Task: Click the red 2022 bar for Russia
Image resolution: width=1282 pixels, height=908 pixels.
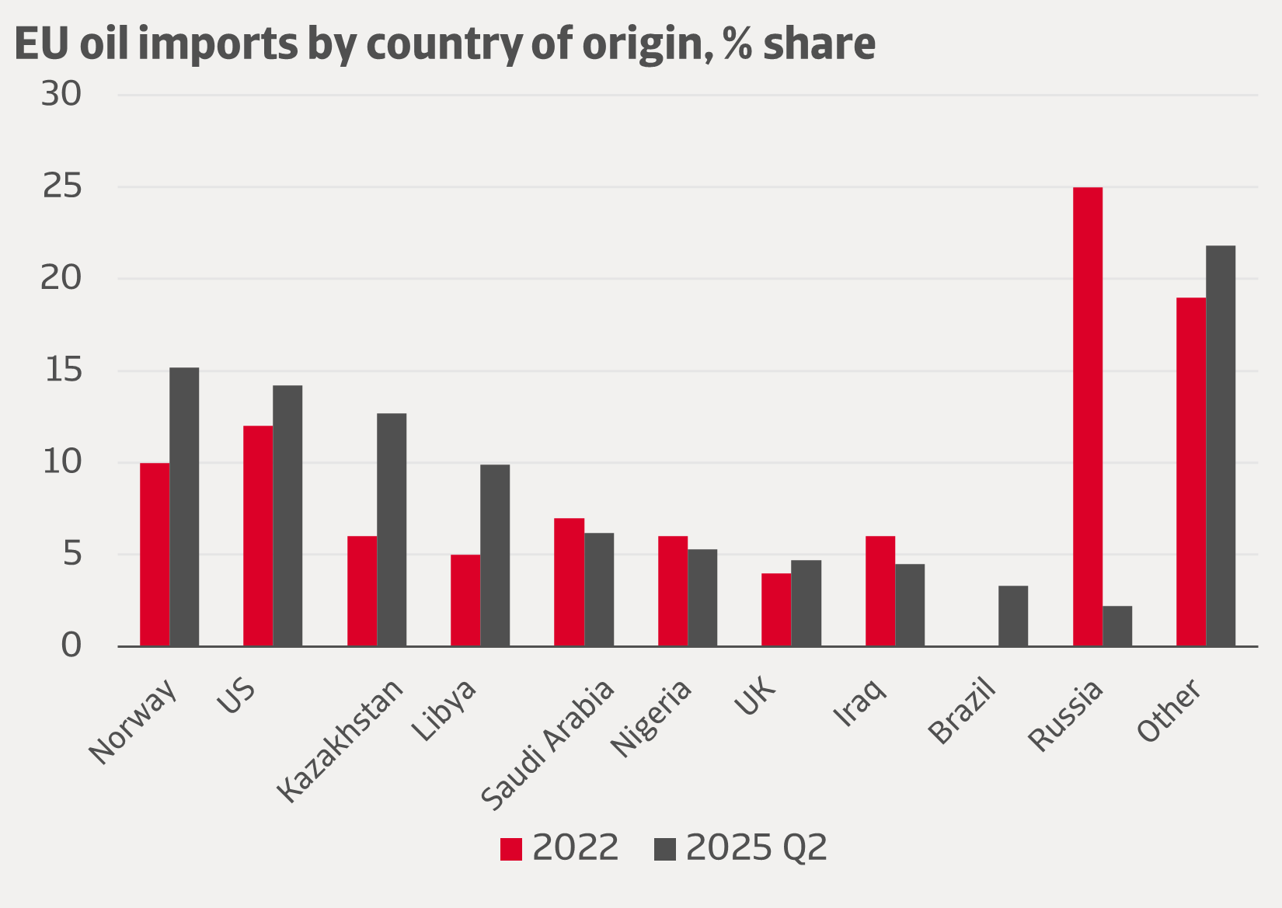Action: [1087, 416]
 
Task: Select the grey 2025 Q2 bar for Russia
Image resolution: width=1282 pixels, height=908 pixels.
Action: [1117, 626]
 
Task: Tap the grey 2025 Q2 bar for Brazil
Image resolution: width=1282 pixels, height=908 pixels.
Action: [1013, 616]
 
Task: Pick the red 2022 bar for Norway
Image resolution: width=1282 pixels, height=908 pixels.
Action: [155, 555]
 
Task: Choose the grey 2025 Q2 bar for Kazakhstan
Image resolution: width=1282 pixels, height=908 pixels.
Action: [392, 530]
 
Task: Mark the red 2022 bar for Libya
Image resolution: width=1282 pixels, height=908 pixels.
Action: [465, 600]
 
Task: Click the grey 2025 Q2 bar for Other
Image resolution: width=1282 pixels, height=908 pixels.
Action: [1221, 446]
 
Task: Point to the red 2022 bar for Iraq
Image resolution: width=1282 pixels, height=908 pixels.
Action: [880, 591]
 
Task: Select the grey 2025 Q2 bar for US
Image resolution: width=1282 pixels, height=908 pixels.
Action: [287, 516]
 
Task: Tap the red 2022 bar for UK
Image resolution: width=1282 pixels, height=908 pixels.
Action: [776, 610]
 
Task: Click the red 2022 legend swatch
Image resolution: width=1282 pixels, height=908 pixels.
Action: [510, 849]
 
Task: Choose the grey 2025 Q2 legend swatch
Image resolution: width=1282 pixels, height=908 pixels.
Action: [665, 849]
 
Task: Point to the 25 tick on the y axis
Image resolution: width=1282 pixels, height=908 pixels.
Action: [61, 187]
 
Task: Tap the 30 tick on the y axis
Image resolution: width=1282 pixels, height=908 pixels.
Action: [61, 95]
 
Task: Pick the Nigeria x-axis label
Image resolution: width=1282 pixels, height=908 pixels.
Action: [651, 718]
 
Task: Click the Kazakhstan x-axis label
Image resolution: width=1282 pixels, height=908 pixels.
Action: [340, 740]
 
